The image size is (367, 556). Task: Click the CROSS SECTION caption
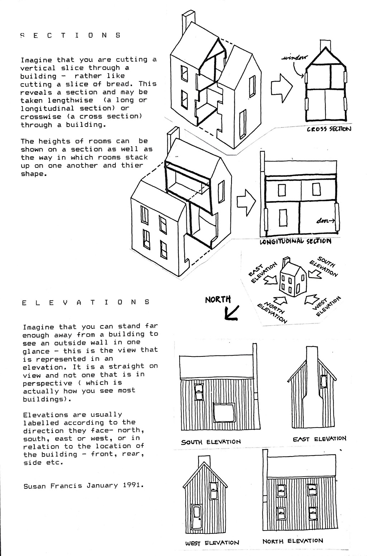[x=329, y=129]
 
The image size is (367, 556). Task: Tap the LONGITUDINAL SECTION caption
[x=295, y=241]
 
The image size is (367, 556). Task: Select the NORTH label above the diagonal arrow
[x=218, y=300]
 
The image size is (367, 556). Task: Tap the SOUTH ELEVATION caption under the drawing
[x=211, y=442]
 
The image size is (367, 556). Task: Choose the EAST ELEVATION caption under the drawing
[x=319, y=439]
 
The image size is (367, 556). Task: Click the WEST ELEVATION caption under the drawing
[x=212, y=543]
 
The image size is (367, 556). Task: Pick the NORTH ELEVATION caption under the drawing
[x=292, y=541]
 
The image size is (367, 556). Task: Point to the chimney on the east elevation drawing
[x=311, y=388]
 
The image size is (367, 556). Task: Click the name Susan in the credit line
[x=34, y=486]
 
